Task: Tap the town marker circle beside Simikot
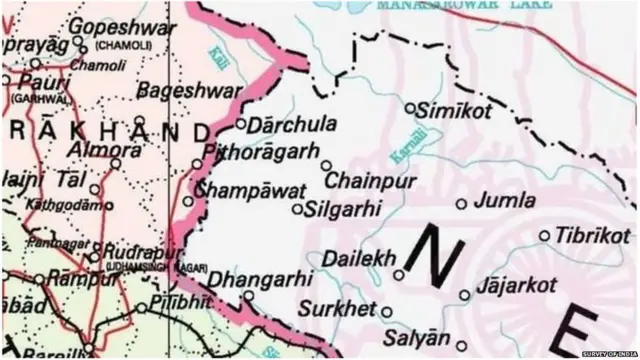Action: pyautogui.click(x=410, y=107)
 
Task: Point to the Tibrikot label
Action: pyautogui.click(x=593, y=236)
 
